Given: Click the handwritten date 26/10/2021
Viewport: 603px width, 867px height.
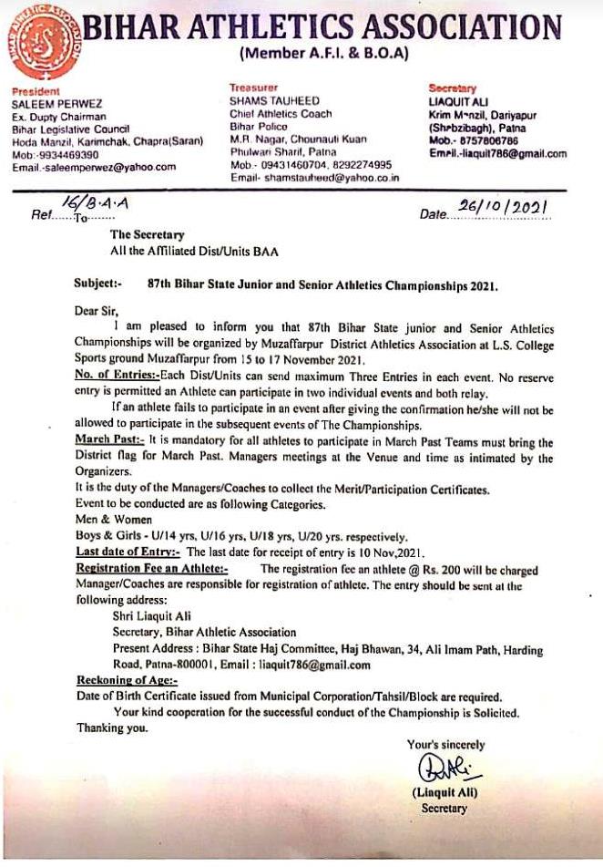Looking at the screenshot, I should [x=503, y=209].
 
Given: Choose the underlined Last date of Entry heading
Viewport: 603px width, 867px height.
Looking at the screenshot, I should [x=128, y=552].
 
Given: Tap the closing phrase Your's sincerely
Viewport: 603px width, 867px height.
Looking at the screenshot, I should [x=445, y=745].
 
